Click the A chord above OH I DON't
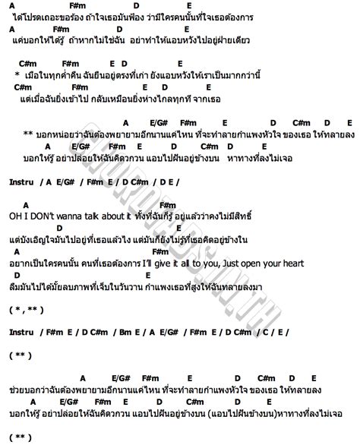tap(25, 204)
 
